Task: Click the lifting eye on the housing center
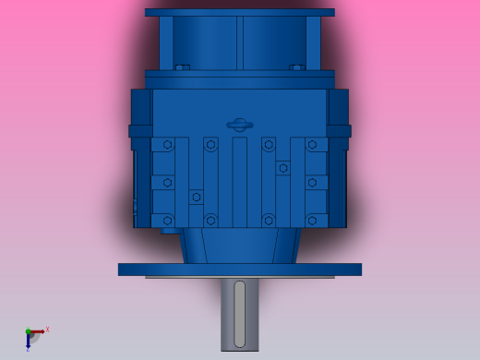pos(239,125)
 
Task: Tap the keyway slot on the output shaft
pos(240,314)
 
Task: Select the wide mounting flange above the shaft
pos(240,270)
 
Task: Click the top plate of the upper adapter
pos(240,13)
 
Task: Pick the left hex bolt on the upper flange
pos(183,67)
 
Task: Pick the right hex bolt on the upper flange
pos(297,67)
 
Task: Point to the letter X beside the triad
pos(47,329)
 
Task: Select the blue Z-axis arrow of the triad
pos(28,342)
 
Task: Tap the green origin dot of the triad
pos(28,331)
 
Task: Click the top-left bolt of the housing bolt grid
pos(167,145)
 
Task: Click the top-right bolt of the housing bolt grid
pos(312,145)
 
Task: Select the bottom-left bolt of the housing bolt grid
pos(167,221)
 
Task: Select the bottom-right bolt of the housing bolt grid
pos(312,221)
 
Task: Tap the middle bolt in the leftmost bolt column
pos(167,183)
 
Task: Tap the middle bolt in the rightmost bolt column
pos(312,183)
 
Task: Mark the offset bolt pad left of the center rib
pos(196,197)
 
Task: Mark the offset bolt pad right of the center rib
pos(282,168)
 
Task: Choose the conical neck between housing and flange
pos(240,246)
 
